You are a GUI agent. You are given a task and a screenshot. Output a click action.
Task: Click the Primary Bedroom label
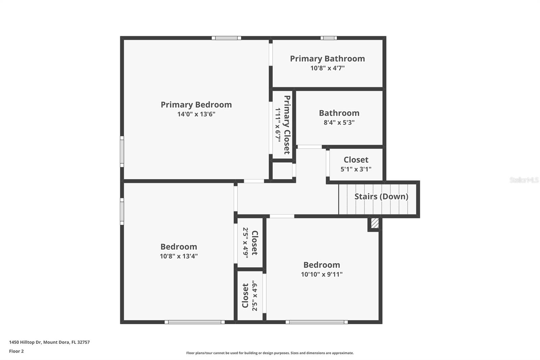point(196,105)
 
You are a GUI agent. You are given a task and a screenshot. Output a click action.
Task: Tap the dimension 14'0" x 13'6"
point(196,114)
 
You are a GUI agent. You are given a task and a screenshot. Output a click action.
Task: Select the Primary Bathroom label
point(327,59)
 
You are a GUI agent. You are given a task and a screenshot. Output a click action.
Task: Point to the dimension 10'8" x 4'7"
point(327,68)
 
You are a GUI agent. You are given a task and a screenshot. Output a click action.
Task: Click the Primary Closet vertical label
point(287,125)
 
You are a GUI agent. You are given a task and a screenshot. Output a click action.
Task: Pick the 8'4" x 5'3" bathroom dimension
point(339,123)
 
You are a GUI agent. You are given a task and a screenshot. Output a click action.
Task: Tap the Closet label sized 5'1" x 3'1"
point(356,160)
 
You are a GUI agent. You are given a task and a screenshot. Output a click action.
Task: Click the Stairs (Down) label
point(381,197)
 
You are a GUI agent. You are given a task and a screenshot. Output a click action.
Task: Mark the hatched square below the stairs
point(375,224)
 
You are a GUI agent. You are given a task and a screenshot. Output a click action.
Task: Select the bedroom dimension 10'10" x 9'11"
point(322,275)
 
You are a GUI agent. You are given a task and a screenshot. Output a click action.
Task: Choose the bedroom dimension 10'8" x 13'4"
point(179,256)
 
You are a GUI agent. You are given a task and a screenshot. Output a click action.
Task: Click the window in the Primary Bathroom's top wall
point(328,38)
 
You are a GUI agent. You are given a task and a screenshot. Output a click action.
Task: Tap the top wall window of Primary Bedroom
point(226,38)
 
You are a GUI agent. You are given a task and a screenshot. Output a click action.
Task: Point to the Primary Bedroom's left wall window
point(122,151)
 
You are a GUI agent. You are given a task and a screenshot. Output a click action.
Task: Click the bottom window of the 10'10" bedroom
point(317,322)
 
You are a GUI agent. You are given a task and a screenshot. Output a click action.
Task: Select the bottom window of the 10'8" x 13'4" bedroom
point(194,322)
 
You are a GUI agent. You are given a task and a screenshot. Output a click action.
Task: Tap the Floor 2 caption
point(16,351)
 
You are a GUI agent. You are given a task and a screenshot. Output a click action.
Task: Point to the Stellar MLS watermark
point(524,180)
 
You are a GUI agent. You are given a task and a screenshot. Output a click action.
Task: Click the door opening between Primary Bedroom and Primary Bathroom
point(271,54)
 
